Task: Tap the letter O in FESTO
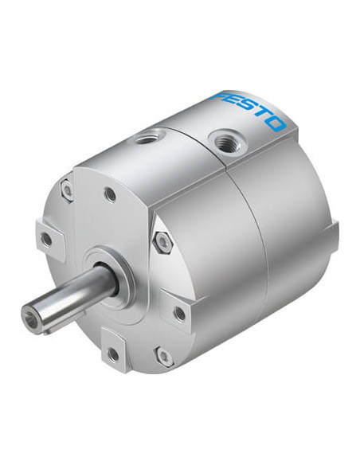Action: point(277,123)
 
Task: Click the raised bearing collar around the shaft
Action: point(110,275)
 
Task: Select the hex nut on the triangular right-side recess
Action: point(162,242)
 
